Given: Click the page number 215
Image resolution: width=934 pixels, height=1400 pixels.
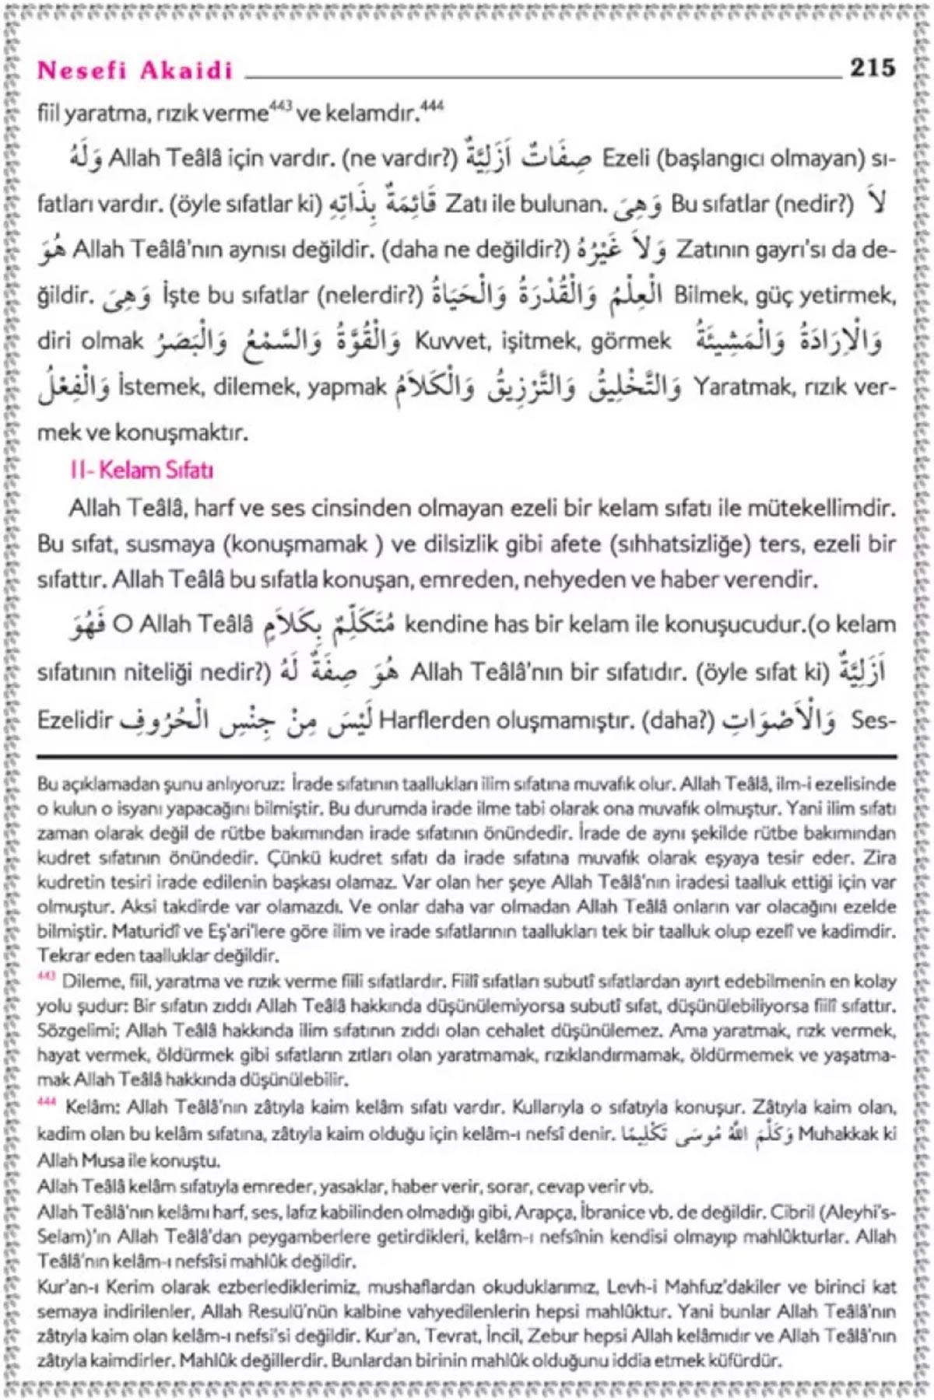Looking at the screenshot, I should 872,68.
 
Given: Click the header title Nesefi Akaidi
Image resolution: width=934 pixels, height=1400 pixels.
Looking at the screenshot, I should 135,71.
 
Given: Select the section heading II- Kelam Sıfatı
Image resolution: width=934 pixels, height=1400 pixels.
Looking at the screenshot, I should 141,471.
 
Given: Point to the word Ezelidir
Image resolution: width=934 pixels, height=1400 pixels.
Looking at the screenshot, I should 75,720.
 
